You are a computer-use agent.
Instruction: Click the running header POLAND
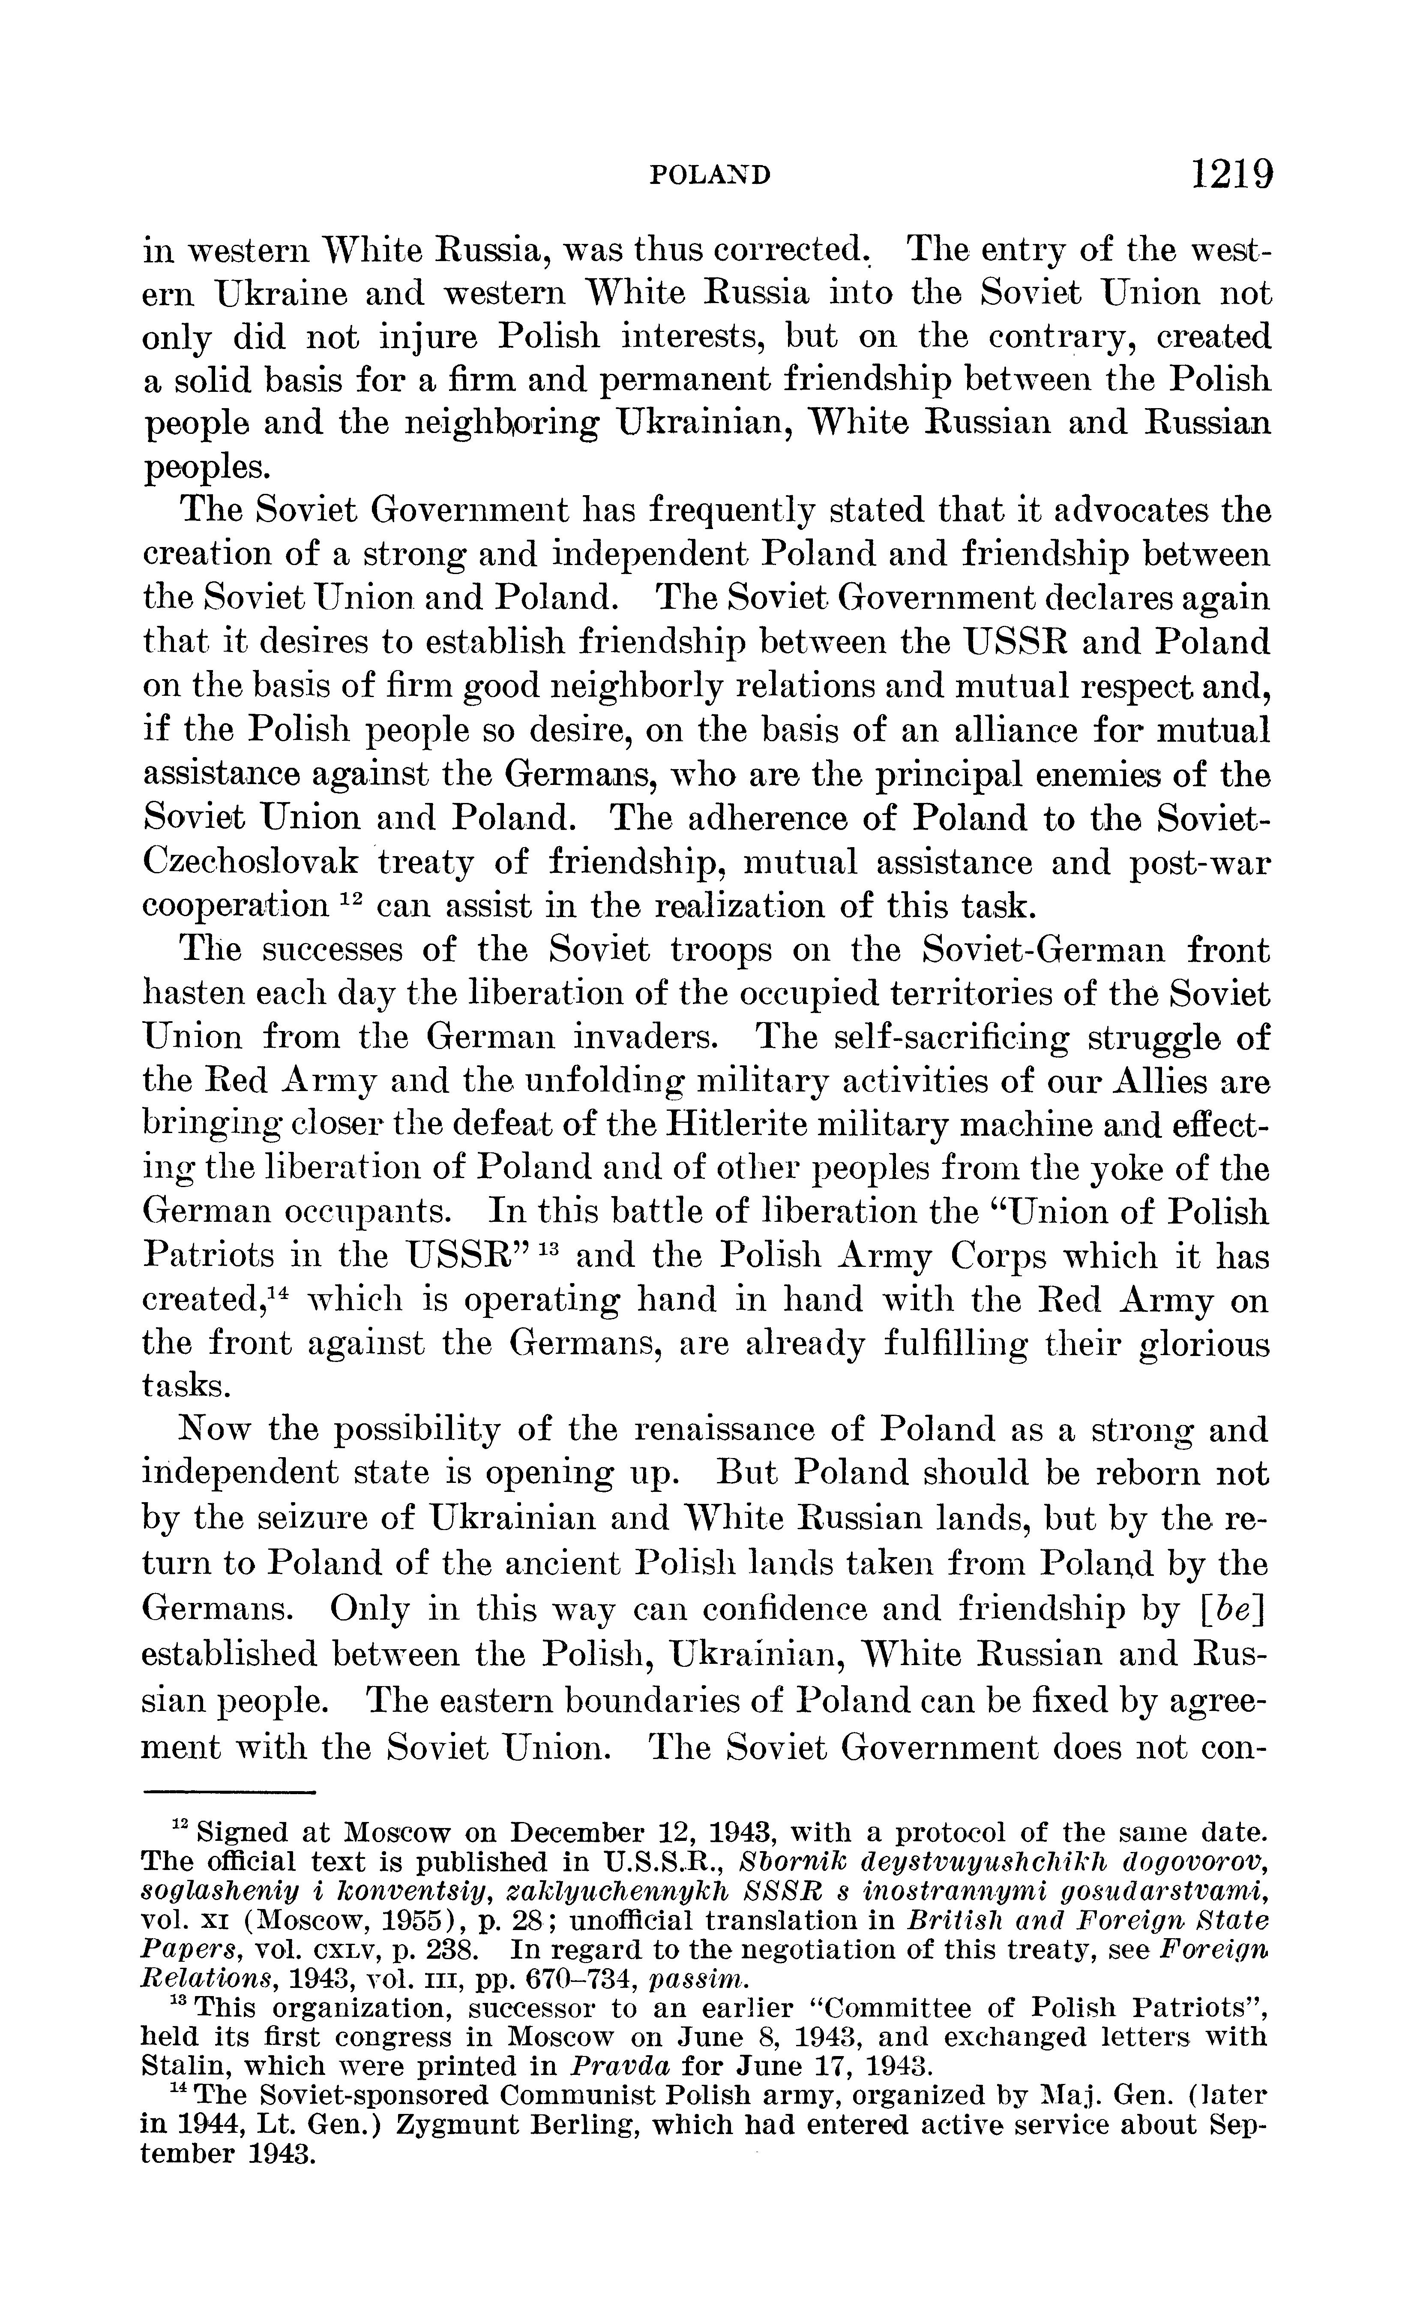712,175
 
